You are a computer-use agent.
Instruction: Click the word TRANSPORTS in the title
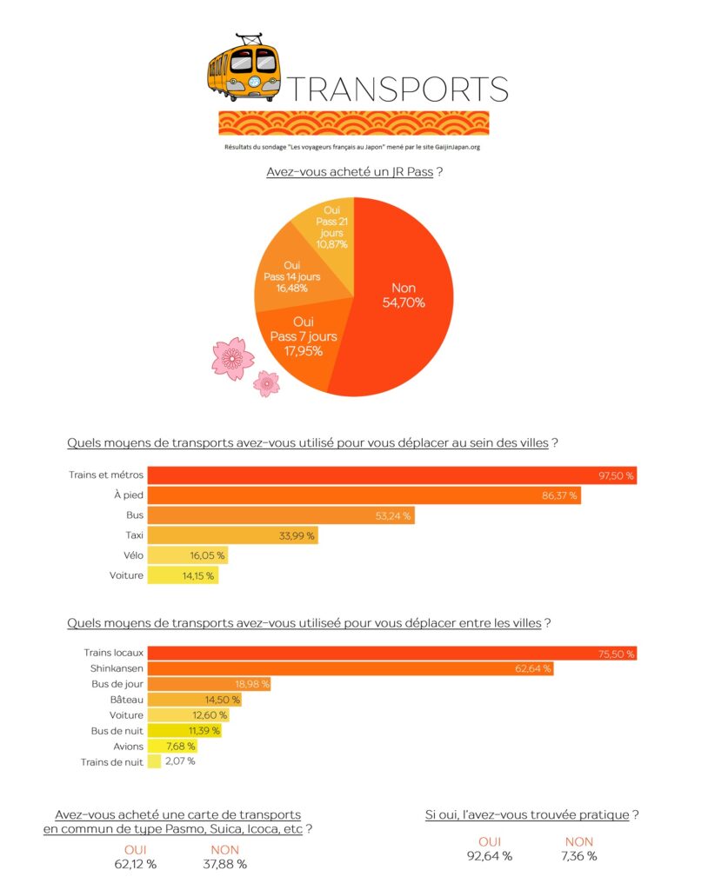pos(397,89)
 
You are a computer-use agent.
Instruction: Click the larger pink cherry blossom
pos(232,359)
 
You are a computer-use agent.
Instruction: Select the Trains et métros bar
pos(391,475)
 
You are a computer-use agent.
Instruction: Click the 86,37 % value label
pos(558,495)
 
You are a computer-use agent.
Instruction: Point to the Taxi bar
pos(232,535)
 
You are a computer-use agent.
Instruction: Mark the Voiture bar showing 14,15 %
pos(182,575)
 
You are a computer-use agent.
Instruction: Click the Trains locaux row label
pos(113,653)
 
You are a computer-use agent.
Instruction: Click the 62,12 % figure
pos(136,864)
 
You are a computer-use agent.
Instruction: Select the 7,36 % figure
pos(579,856)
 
